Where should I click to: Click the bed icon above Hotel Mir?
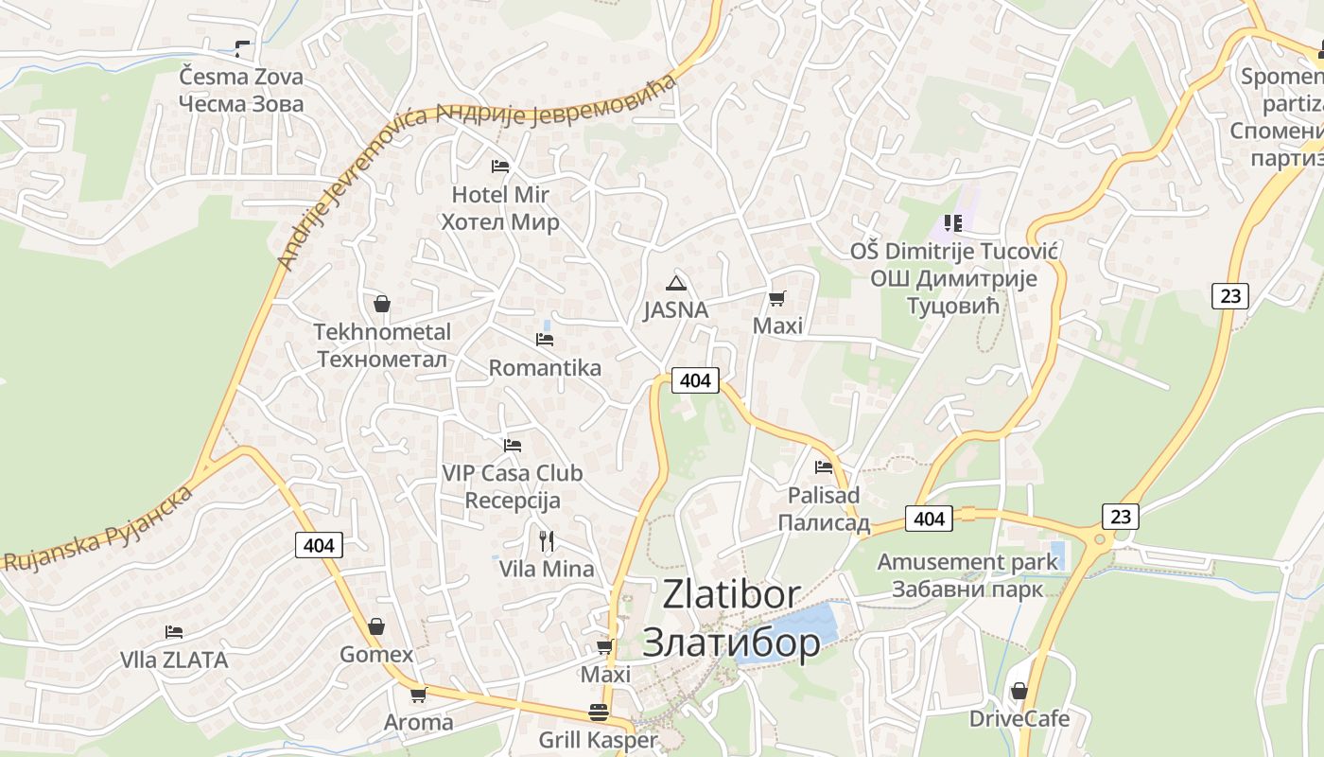coord(500,167)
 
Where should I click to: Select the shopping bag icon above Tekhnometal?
coord(382,304)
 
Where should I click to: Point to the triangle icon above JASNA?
coord(675,282)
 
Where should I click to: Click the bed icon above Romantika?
coord(545,339)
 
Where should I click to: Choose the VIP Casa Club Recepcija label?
coord(513,486)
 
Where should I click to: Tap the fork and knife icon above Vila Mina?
coord(547,541)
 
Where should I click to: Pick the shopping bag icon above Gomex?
coord(376,626)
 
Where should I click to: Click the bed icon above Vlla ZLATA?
coord(174,631)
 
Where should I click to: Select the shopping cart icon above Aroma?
coord(418,695)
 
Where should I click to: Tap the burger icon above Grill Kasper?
coord(598,712)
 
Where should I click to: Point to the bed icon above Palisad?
coord(824,467)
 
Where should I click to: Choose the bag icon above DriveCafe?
coord(1019,691)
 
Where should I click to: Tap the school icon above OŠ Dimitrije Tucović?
coord(953,223)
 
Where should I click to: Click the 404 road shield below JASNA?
coord(695,380)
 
